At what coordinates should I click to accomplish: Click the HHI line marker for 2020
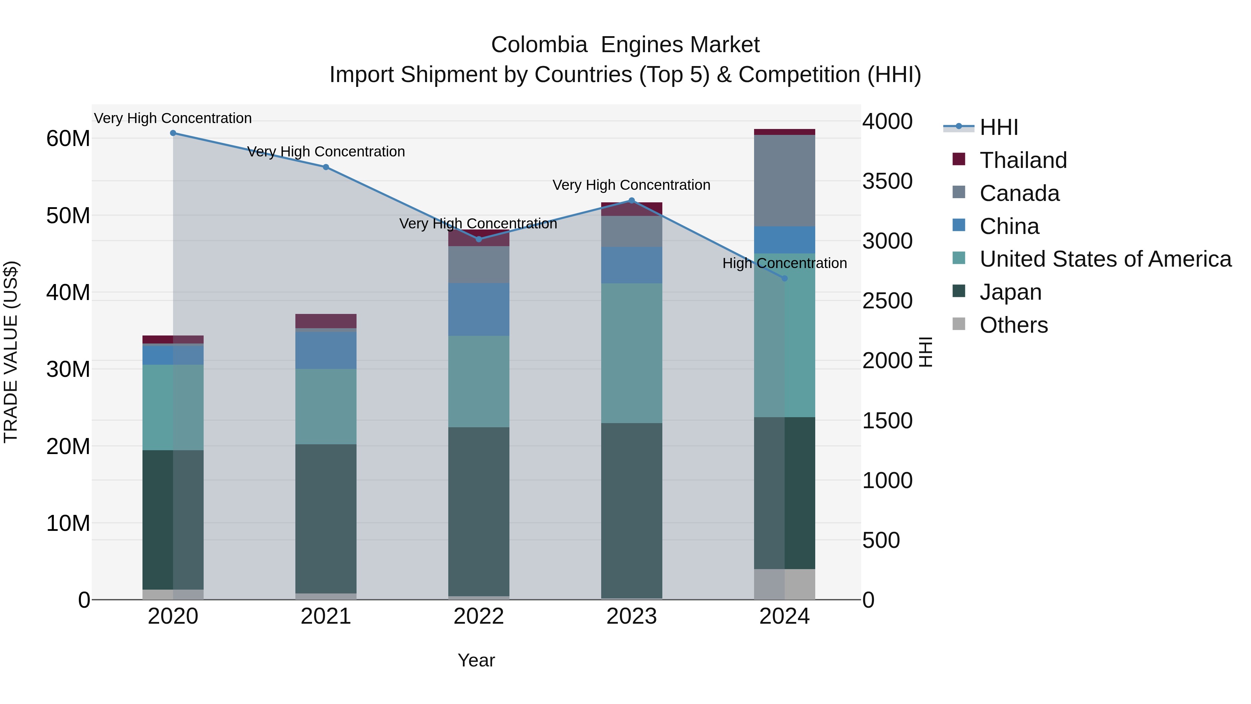click(x=173, y=133)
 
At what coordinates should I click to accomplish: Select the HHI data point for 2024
click(x=784, y=278)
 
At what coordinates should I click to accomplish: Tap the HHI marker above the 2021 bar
click(x=326, y=167)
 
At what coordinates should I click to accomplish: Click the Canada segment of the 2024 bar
click(x=784, y=181)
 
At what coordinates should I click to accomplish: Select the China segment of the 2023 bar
click(x=631, y=265)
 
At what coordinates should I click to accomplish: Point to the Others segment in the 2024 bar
click(x=784, y=584)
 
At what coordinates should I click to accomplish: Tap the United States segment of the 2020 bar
click(x=173, y=407)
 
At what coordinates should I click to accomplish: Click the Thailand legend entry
click(x=1023, y=160)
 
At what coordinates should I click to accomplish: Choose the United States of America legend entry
click(x=1105, y=259)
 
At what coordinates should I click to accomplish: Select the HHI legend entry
click(x=998, y=127)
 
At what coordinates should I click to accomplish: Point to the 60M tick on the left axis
click(x=68, y=139)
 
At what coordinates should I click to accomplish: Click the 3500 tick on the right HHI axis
click(x=887, y=181)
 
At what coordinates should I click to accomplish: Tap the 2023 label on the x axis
click(x=631, y=616)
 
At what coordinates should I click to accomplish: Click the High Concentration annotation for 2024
click(x=784, y=263)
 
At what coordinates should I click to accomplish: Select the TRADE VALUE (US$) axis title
click(x=11, y=352)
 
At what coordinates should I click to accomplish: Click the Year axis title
click(x=476, y=660)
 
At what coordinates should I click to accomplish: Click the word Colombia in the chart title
click(x=539, y=45)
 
